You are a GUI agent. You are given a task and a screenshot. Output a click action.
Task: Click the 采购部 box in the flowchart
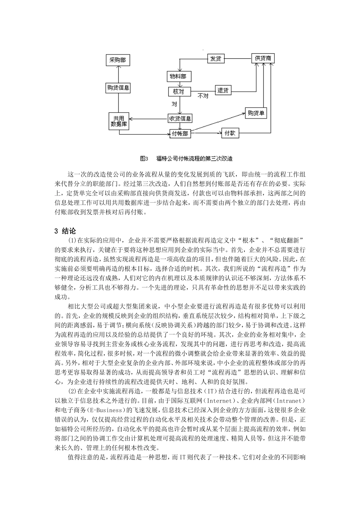pos(118,60)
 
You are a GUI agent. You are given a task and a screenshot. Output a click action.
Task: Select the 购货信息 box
pos(118,88)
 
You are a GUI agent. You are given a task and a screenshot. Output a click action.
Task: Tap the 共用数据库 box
pos(119,121)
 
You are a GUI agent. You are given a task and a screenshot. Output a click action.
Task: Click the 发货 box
pos(216,59)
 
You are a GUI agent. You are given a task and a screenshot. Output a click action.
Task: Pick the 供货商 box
pos(263,58)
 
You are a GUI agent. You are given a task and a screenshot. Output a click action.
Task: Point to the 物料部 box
pos(179,77)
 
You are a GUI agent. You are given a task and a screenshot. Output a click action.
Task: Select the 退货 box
pos(223,90)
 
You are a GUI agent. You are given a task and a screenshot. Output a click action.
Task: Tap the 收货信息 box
pos(180,118)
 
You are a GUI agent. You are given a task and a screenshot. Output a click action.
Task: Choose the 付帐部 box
pos(180,134)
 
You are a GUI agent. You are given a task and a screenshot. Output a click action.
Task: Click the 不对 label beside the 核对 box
pos(203,96)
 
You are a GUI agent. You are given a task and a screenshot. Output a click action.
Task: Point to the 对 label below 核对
pos(174,103)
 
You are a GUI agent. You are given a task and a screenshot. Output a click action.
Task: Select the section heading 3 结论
pos(66,231)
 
